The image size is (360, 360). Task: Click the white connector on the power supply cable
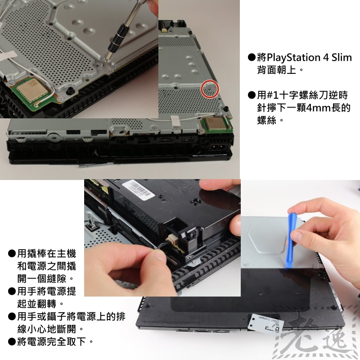173,239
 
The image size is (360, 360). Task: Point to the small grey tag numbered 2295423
266,323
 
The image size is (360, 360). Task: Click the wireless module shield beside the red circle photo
215,124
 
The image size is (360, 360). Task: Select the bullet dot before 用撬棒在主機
12,254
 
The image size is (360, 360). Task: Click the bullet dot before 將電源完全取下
12,342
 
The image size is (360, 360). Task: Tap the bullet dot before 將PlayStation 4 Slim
252,58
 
